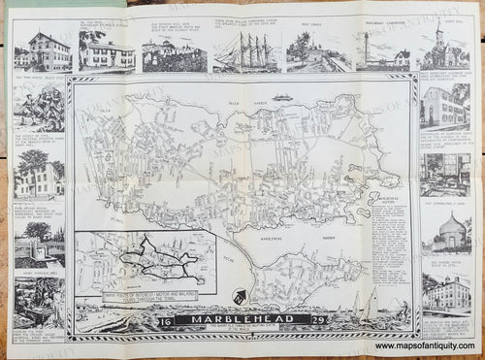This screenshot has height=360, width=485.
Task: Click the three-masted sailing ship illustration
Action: [243, 50]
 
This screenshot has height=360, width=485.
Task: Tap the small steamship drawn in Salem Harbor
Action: [284, 97]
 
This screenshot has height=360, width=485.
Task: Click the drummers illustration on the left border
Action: [39, 115]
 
